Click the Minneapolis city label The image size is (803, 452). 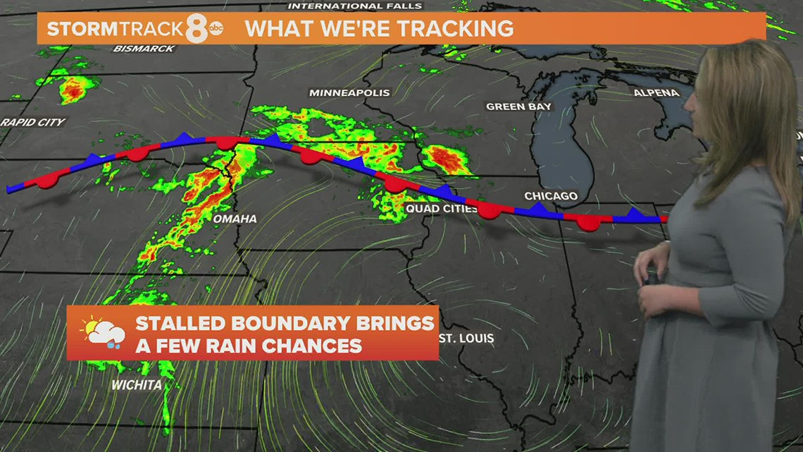[340, 93]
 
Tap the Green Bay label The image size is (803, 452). [518, 106]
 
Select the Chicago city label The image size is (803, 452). [551, 196]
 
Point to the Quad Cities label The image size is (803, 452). [442, 209]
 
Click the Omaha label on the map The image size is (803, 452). [235, 219]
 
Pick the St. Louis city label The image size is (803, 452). [466, 338]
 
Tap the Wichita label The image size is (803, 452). [137, 385]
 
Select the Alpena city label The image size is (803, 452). [656, 92]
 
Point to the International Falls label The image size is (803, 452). [355, 6]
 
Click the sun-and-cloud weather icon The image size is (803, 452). [104, 332]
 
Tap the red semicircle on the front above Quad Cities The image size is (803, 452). [394, 185]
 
